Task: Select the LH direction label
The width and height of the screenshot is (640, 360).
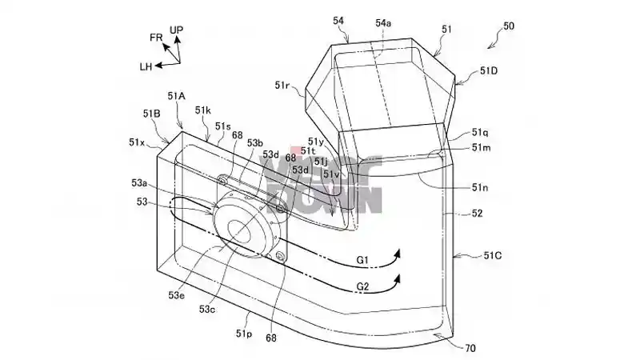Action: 145,66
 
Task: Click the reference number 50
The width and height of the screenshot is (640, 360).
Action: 509,26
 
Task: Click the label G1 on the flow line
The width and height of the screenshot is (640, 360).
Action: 363,260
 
